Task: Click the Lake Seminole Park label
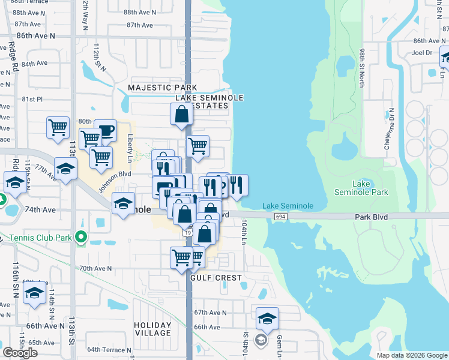(x=361, y=188)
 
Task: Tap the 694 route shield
(x=280, y=216)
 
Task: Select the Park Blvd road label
(x=371, y=216)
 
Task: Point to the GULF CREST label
(x=216, y=278)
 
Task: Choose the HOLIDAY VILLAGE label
(x=152, y=329)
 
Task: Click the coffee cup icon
(x=105, y=130)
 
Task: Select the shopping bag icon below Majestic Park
(x=181, y=113)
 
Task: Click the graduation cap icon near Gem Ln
(x=267, y=317)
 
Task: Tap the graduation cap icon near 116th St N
(x=34, y=294)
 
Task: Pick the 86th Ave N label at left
(x=35, y=36)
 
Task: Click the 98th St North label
(x=362, y=68)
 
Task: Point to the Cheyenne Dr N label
(x=389, y=129)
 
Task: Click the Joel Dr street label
(x=423, y=52)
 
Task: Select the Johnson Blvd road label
(x=114, y=182)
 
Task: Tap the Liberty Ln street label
(x=130, y=145)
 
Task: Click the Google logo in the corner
(x=20, y=353)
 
